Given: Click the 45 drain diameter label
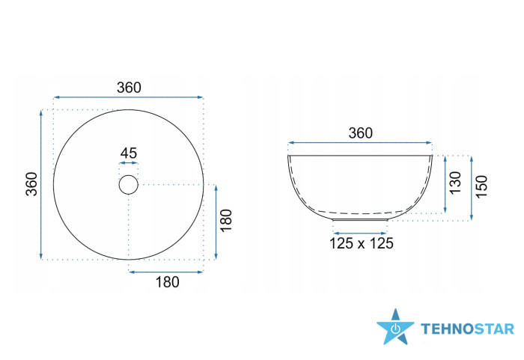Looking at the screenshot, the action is (129, 153).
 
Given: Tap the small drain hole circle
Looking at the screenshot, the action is (128, 175).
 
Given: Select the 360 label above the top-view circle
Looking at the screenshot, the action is (129, 88).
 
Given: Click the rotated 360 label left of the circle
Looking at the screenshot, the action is (31, 184).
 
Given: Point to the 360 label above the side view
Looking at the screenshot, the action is (360, 133).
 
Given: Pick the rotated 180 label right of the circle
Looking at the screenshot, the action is (226, 220).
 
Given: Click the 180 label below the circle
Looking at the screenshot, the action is (168, 282).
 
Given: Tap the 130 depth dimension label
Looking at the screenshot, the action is (455, 183).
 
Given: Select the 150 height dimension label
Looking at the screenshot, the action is (481, 186).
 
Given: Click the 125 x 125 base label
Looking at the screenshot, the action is (362, 243).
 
